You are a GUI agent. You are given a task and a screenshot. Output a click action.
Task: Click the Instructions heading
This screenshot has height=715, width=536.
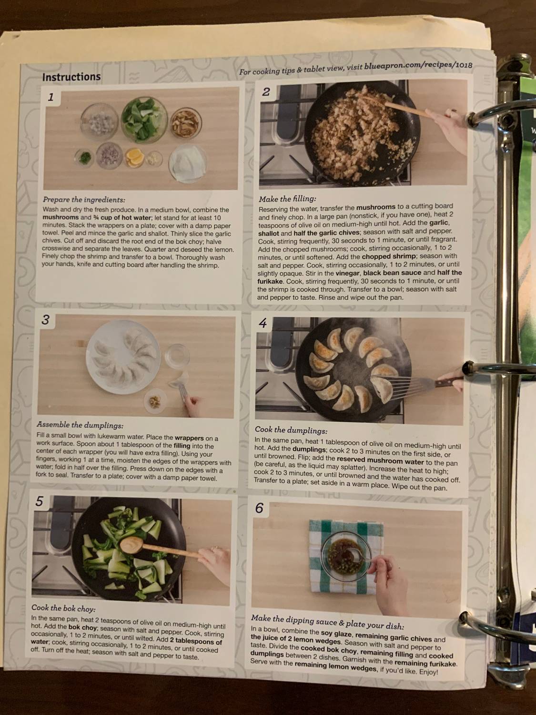tap(71, 77)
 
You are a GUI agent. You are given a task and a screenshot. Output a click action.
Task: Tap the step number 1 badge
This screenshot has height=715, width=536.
tap(51, 97)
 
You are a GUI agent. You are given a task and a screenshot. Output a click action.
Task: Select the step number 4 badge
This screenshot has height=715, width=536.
tap(263, 323)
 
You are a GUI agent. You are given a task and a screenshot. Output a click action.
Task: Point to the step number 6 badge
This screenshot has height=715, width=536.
tap(259, 508)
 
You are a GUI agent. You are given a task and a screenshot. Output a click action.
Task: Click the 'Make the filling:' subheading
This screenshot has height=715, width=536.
tap(287, 198)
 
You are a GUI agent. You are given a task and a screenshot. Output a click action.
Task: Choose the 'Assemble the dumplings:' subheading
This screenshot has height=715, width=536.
tap(80, 425)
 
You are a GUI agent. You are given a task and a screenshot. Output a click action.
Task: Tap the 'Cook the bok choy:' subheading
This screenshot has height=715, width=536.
tap(63, 608)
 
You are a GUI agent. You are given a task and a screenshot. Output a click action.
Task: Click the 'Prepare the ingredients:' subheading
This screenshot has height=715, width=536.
tap(84, 199)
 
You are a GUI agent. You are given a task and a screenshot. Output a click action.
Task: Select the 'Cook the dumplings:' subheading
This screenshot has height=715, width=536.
tap(291, 430)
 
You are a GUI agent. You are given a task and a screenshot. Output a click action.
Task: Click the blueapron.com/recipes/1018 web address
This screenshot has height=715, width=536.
tap(418, 66)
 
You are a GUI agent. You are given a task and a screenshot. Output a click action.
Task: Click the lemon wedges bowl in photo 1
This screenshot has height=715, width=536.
tap(134, 158)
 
